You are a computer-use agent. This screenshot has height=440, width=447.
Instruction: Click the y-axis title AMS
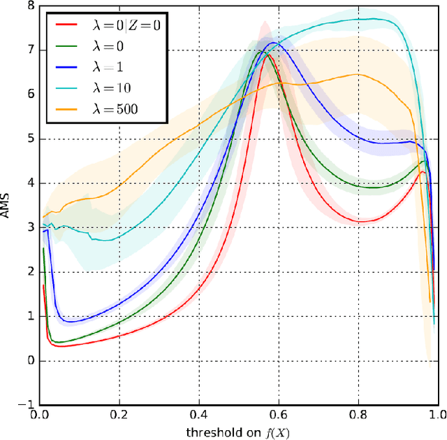pos(8,206)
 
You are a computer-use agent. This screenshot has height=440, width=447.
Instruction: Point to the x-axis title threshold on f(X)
pos(238,432)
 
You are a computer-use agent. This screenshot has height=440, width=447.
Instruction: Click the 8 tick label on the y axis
pos(29,6)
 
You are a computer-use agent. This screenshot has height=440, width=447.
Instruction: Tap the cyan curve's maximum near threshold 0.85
pos(370,19)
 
